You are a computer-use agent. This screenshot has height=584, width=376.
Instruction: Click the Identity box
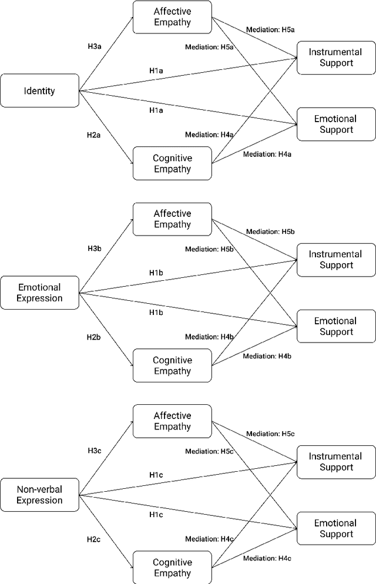[x=40, y=90]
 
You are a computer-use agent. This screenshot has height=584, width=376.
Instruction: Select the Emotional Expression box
[x=40, y=293]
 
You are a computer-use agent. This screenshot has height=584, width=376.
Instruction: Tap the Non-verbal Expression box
[x=40, y=495]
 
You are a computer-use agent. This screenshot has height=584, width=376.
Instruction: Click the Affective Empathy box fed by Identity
[x=172, y=17]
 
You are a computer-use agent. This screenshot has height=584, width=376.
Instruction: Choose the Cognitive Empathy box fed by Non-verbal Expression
[x=172, y=568]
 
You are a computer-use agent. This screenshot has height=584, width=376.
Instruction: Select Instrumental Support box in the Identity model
[x=336, y=58]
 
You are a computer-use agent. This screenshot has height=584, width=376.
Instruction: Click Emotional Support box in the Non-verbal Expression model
[x=336, y=528]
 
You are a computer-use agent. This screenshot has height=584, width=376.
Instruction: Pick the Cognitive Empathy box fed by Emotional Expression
[x=172, y=365]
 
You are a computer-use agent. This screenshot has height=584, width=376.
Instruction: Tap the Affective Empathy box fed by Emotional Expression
[x=172, y=219]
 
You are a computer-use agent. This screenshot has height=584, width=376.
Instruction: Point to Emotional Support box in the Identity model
[x=336, y=124]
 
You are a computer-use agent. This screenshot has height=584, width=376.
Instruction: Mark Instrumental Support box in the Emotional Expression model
[x=336, y=260]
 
